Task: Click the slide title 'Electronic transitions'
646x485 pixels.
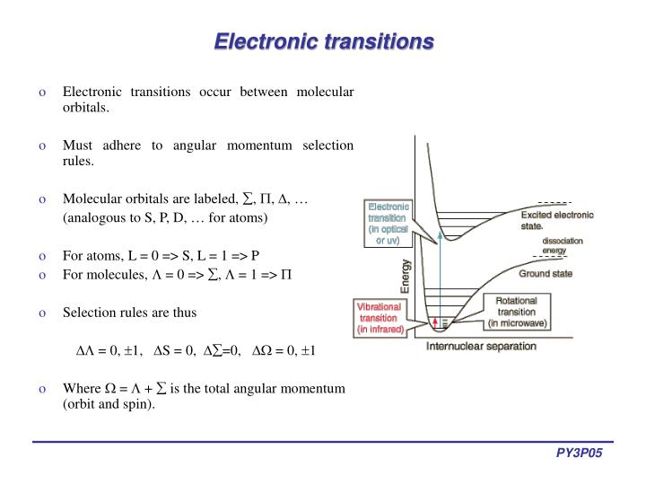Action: pos(322,41)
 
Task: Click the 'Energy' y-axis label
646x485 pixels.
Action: pos(405,276)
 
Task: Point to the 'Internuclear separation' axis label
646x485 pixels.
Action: pos(481,346)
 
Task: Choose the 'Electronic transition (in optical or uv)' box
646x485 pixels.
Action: pos(388,223)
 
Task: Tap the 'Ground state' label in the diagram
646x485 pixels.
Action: pos(546,272)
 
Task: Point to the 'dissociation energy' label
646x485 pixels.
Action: pos(562,246)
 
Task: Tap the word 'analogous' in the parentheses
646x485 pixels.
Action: pos(97,217)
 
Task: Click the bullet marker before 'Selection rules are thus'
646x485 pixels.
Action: pos(42,313)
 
